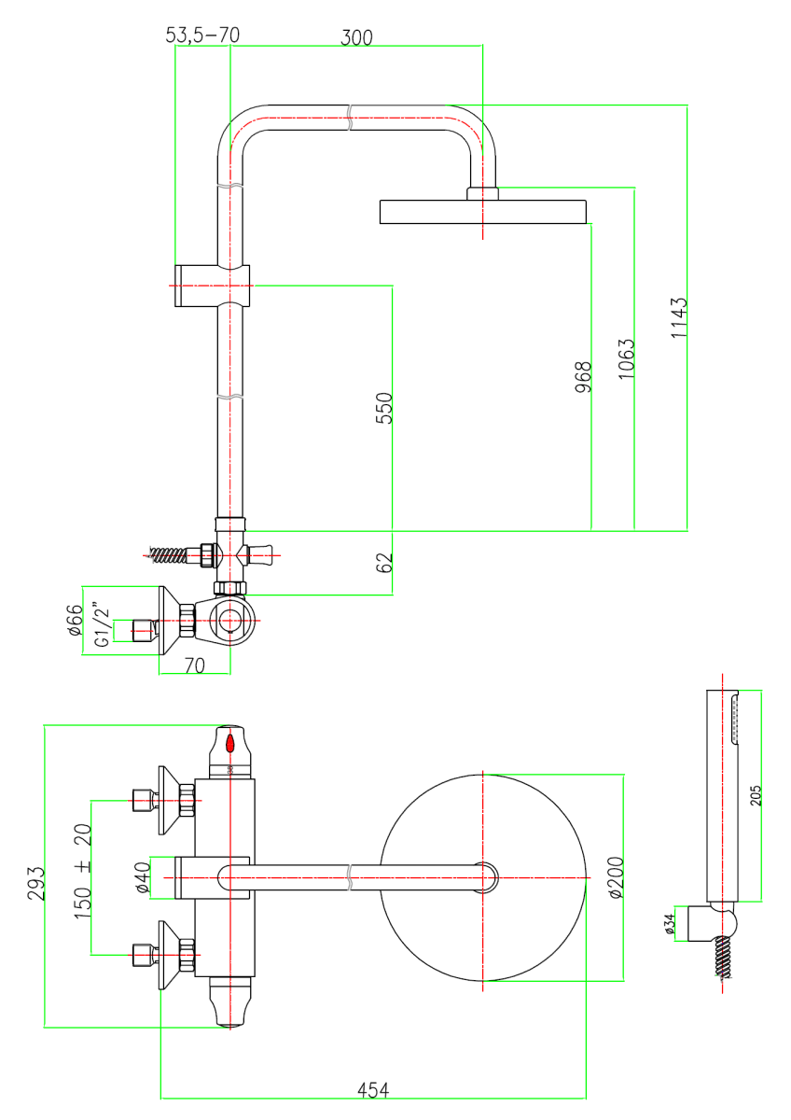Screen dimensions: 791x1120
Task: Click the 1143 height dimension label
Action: point(678,318)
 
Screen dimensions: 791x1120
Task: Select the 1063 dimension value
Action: point(626,359)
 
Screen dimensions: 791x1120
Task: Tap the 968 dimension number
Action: point(583,377)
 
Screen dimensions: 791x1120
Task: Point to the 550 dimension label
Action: point(383,408)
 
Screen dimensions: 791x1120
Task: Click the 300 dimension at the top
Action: point(356,38)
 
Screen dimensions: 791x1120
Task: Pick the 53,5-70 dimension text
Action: point(202,35)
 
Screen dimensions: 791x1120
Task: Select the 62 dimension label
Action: point(383,563)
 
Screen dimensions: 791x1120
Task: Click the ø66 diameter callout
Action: point(75,620)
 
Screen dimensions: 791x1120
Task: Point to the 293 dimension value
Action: point(36,884)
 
